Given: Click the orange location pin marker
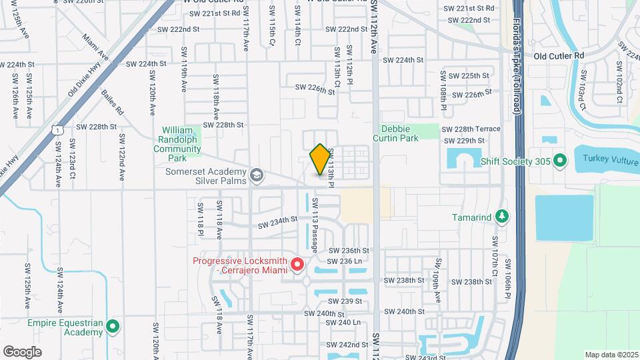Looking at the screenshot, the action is pos(320,160).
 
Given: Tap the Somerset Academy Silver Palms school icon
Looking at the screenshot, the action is pos(257,175).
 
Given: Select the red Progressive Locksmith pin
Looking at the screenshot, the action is pos(297,265).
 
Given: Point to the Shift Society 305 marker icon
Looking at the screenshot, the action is pos(560,161).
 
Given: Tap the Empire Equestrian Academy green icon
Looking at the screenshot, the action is pos(113,327).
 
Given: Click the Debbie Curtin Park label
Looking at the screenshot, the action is pos(399,133).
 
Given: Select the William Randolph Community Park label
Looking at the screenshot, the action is pos(177,144).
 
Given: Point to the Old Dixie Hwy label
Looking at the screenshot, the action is pos(83,83).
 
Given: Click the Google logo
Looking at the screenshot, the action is pos(22,351).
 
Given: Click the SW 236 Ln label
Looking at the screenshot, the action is pos(344,261).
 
